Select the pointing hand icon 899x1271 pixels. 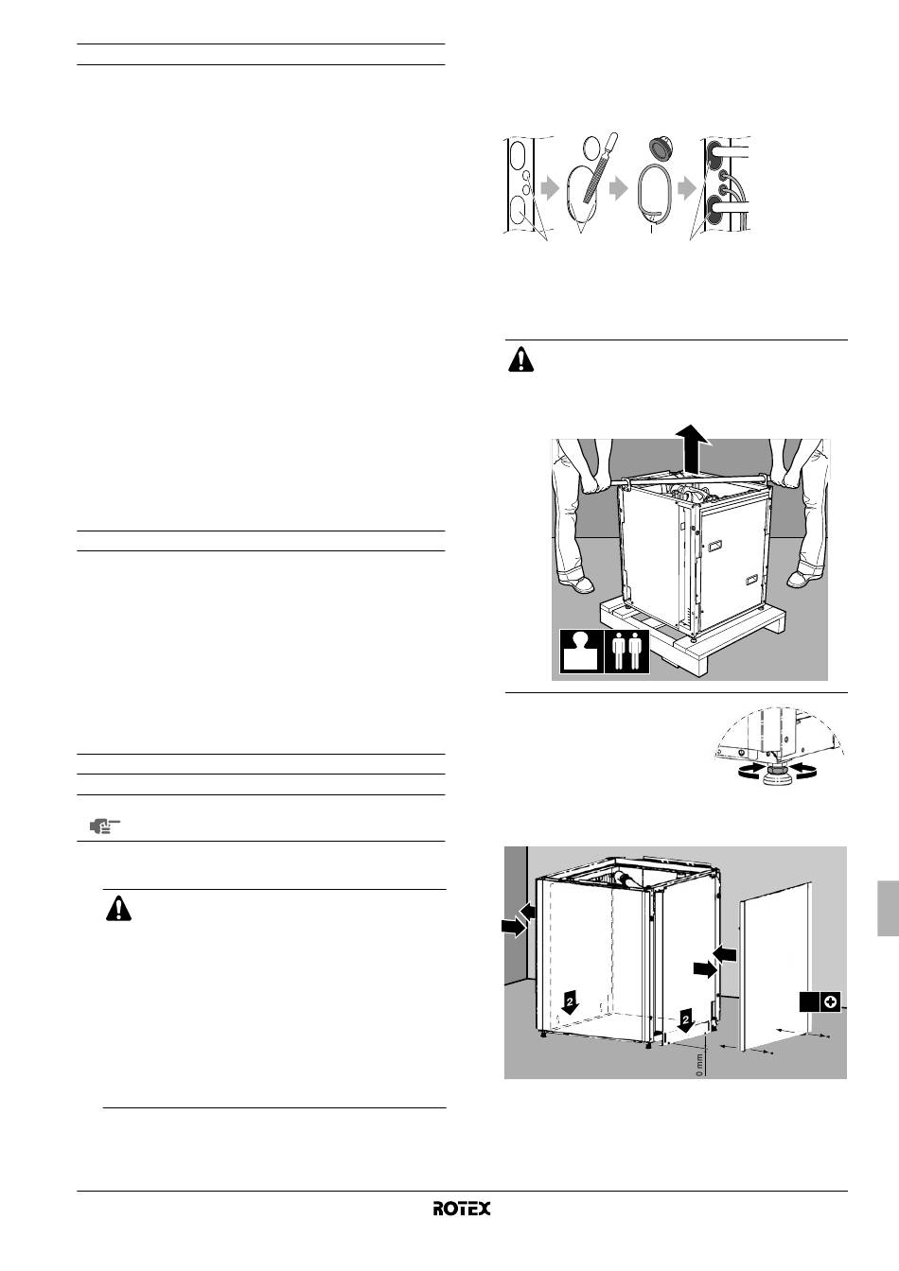tap(105, 826)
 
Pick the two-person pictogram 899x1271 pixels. tap(627, 651)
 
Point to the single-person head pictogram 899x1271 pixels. tap(582, 651)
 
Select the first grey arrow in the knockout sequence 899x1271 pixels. tap(549, 188)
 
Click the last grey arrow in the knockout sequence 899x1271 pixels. tap(687, 188)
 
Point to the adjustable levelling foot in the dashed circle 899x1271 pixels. tap(774, 774)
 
